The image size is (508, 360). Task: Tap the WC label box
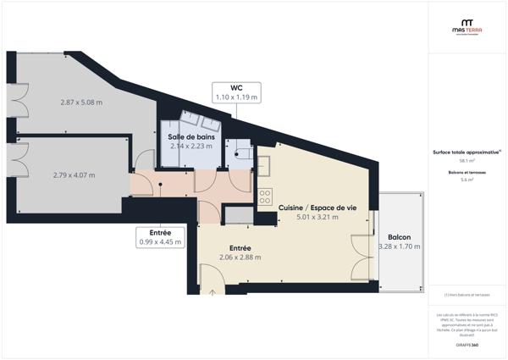pyautogui.click(x=236, y=92)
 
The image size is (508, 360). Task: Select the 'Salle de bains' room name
pyautogui.click(x=191, y=136)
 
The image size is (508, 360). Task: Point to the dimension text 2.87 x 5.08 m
pyautogui.click(x=81, y=102)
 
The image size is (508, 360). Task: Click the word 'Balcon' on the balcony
pyautogui.click(x=400, y=236)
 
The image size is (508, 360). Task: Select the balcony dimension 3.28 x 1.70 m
pyautogui.click(x=400, y=246)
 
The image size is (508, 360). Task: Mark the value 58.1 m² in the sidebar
pyautogui.click(x=467, y=160)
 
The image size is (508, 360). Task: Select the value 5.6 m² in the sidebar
pyautogui.click(x=467, y=180)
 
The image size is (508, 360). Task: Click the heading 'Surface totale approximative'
pyautogui.click(x=467, y=152)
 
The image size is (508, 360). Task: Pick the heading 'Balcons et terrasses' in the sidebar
pyautogui.click(x=467, y=172)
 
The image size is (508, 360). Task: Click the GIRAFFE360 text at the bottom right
pyautogui.click(x=467, y=345)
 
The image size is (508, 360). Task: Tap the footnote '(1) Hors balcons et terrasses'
pyautogui.click(x=467, y=295)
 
